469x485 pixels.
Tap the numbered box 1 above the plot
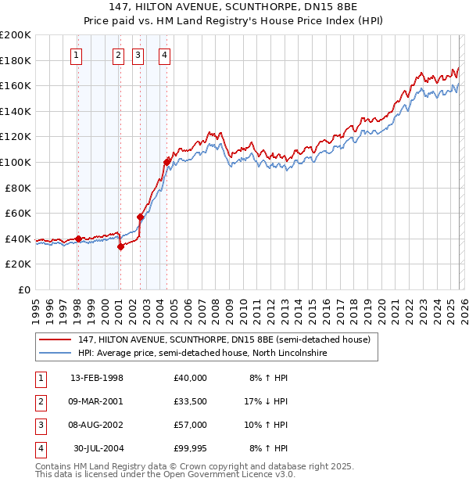77,55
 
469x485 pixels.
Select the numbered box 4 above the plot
166,55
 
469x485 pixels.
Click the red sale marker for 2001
120,246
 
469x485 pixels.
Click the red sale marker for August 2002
140,217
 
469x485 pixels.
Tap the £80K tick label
18,188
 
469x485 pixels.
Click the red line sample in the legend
55,339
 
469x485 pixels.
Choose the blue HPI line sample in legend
55,353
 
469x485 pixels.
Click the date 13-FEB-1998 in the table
97,378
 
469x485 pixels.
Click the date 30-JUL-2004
98,448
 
